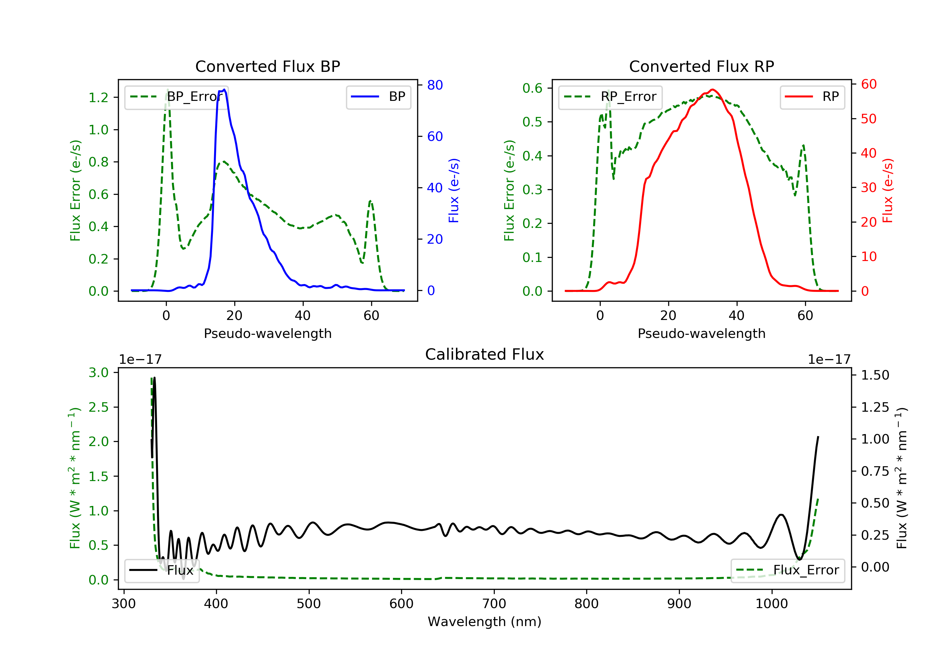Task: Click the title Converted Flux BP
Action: click(267, 66)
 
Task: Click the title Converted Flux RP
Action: click(701, 66)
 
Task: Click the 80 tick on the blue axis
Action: click(435, 85)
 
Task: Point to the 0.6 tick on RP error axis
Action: click(532, 88)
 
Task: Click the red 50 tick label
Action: click(868, 119)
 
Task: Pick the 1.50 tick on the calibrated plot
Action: click(875, 375)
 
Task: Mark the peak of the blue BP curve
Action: click(225, 90)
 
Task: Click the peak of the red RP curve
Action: click(713, 90)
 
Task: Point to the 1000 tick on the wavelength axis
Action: click(771, 604)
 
